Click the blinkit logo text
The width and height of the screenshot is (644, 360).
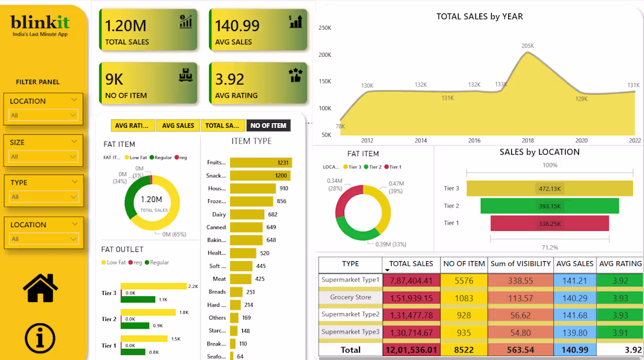(40, 23)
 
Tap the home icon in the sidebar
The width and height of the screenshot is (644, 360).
(40, 287)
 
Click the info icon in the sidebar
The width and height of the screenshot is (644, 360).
(40, 338)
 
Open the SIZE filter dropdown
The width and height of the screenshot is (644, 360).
(43, 156)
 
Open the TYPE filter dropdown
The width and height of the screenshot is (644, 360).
(43, 197)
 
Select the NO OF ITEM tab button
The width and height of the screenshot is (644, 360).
(268, 125)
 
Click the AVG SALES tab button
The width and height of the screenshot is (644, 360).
(178, 125)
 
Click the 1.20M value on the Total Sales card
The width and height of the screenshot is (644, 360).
(125, 25)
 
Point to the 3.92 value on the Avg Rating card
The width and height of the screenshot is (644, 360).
(229, 79)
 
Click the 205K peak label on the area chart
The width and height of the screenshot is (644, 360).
(527, 46)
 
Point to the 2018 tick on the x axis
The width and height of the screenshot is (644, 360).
(528, 140)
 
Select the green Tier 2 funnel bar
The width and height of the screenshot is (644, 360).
(550, 206)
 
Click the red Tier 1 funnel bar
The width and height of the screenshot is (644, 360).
(550, 223)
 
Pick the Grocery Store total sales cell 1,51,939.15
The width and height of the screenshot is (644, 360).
(411, 298)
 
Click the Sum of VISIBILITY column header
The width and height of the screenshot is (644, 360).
(520, 264)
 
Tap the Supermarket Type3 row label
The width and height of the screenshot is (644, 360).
(350, 332)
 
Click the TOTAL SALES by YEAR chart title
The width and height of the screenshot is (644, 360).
(479, 16)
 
